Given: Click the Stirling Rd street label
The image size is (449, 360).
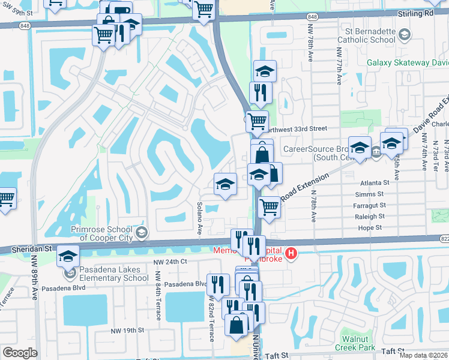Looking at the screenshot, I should (424, 13).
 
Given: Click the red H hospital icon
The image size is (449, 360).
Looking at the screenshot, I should (291, 254).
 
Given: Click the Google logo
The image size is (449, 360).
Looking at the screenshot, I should (20, 353).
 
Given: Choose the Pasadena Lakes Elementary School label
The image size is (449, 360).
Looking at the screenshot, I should (108, 273).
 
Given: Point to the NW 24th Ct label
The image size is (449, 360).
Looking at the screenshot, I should (170, 262).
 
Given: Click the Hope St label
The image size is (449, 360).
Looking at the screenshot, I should (370, 228).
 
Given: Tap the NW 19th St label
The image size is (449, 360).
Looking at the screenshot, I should (127, 330).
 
